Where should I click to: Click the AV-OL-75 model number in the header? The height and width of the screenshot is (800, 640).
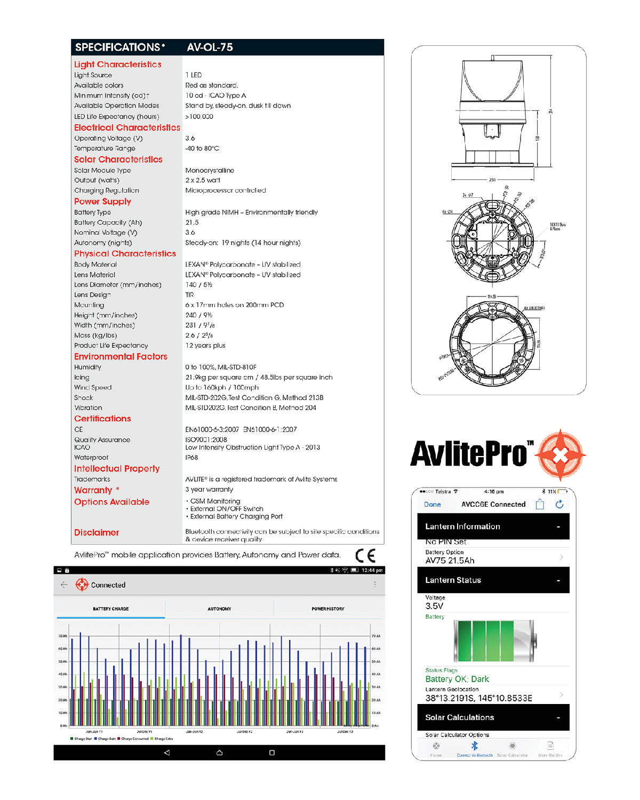point(210,47)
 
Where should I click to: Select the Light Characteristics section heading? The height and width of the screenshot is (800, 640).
point(117,65)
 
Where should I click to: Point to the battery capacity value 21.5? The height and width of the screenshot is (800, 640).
point(192,222)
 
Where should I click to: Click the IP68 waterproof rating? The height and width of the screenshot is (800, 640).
point(191,458)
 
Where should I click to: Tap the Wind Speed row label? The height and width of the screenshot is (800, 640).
point(93,388)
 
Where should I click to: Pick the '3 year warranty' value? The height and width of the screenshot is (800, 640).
point(209,490)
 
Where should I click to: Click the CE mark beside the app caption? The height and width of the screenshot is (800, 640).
point(365,556)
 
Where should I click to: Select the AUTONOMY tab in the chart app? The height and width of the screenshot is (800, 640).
point(219,609)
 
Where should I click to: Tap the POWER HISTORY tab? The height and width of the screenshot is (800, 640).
point(328,609)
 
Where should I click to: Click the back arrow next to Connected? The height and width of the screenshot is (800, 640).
point(64,585)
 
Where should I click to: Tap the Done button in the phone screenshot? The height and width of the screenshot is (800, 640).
point(433,505)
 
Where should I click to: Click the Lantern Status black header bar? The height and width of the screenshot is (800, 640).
point(493,580)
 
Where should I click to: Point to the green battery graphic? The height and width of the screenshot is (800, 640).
point(494,641)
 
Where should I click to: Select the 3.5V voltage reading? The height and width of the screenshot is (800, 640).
point(434,606)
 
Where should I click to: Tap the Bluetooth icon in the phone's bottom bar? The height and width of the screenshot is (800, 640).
point(475,746)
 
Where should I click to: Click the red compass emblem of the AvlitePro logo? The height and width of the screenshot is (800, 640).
point(561,455)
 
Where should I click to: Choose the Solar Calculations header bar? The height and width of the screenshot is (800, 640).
point(493,718)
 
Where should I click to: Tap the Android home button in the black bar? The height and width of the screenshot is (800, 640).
point(219,753)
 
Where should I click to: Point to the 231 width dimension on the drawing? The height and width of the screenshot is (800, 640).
point(492,180)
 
